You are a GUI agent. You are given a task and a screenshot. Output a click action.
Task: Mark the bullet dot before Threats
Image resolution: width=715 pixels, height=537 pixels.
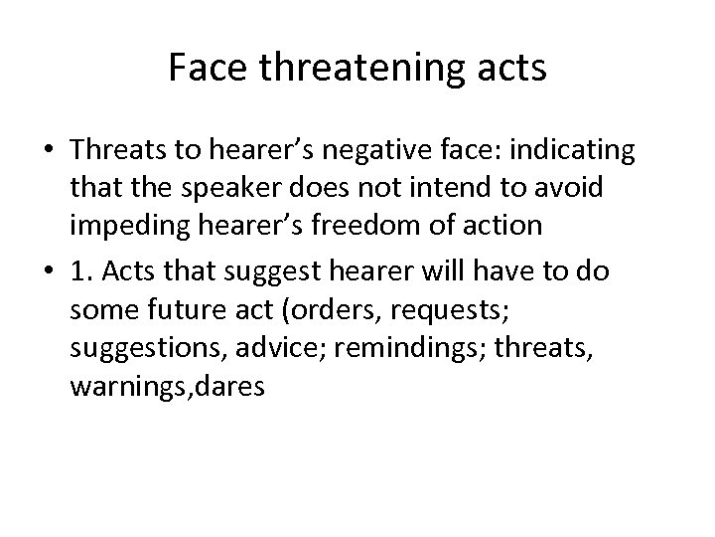[x=48, y=151]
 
